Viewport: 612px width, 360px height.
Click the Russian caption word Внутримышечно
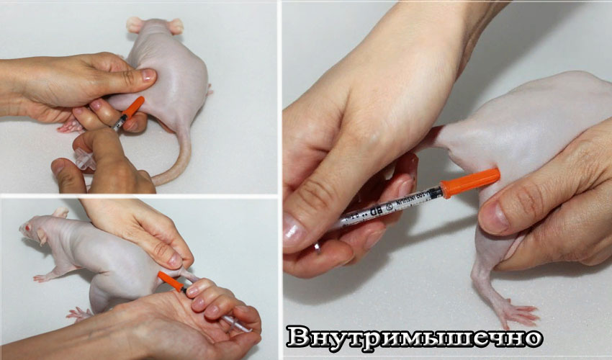click(x=414, y=337)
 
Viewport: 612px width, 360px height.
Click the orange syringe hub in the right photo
click(x=470, y=182)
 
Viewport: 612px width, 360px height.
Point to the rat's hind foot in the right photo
click(x=516, y=312)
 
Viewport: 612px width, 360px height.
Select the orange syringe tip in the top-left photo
click(x=132, y=107)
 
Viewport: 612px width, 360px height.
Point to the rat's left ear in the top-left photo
click(x=135, y=24)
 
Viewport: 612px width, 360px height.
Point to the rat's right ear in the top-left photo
click(x=175, y=26)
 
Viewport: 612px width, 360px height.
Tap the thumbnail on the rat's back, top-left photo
click(x=147, y=75)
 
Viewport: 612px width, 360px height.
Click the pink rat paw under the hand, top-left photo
click(x=70, y=127)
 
